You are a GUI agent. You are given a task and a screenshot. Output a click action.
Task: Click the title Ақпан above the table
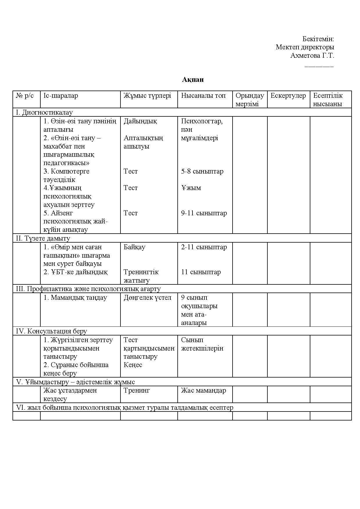(x=193, y=80)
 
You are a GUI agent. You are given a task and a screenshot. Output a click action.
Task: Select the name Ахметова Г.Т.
(x=312, y=55)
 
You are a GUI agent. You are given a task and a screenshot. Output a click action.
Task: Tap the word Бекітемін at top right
(x=318, y=39)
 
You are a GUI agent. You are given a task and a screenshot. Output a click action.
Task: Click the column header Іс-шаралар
(x=61, y=95)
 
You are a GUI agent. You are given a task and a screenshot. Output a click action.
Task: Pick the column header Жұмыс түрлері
(x=147, y=95)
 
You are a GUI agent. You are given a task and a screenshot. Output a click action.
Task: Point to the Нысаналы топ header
(x=203, y=95)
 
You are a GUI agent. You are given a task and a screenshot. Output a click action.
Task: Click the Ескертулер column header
(x=288, y=95)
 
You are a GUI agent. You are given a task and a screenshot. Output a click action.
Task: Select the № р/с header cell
(x=25, y=95)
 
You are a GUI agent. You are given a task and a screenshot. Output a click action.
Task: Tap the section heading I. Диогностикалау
(x=44, y=112)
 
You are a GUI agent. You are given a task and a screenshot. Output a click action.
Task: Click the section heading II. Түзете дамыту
(x=43, y=238)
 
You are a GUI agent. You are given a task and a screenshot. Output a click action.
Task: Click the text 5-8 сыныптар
(x=202, y=171)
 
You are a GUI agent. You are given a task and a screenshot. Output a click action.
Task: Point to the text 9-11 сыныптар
(x=204, y=213)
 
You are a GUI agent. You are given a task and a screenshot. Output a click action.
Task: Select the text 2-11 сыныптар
(x=204, y=247)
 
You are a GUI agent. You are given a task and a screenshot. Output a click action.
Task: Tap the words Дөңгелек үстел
(x=147, y=297)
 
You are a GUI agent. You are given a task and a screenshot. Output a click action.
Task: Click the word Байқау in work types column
(x=134, y=247)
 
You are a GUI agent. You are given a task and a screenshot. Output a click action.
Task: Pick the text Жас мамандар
(x=203, y=390)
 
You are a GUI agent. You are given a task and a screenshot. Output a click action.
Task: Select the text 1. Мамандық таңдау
(x=75, y=297)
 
